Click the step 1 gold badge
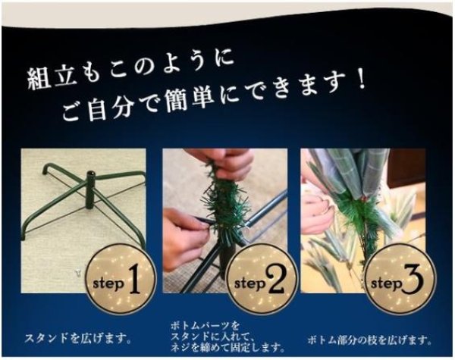pyautogui.click(x=118, y=281)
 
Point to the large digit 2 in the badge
pyautogui.click(x=275, y=282)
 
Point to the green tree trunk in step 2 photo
pyautogui.click(x=224, y=208)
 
